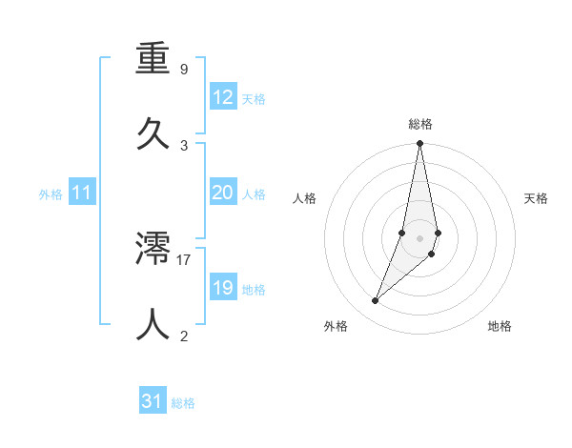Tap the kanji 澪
(153, 250)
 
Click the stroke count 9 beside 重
(184, 70)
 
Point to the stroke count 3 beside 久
(184, 145)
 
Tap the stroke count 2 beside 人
(184, 336)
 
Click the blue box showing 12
(223, 97)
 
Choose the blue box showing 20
(223, 193)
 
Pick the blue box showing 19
(223, 288)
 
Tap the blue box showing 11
(82, 193)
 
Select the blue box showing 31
(153, 402)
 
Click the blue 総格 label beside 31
(184, 403)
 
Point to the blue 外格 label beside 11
(51, 194)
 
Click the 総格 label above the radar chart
(420, 124)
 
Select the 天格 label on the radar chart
(537, 198)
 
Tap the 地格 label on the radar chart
(500, 326)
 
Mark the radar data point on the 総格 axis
(419, 144)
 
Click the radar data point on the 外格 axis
(375, 301)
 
